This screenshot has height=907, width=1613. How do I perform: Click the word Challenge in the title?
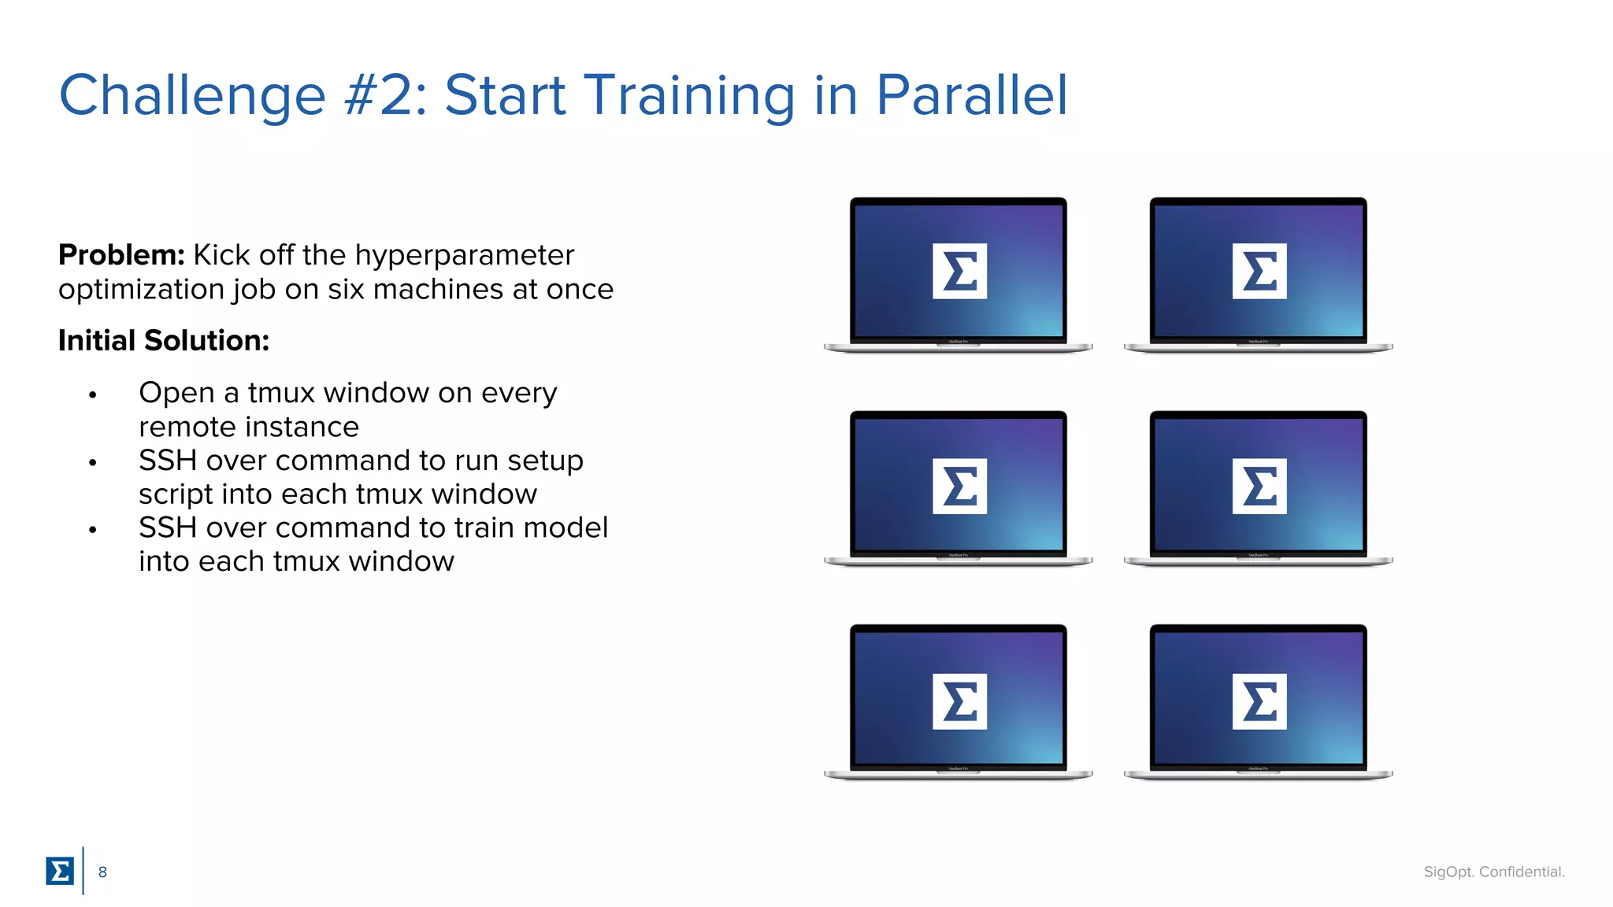(192, 96)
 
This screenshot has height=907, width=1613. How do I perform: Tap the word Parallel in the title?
(971, 96)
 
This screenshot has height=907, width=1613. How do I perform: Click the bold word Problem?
(121, 255)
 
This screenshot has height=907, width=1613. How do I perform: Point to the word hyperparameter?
(464, 256)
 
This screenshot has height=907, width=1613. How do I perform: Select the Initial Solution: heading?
(164, 341)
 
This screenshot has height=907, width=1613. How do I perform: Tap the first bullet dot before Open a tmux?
(93, 395)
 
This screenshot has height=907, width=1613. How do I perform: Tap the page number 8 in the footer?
(102, 872)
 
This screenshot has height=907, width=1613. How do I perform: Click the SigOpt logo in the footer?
(60, 871)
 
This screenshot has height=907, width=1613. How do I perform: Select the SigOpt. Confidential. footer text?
(1493, 872)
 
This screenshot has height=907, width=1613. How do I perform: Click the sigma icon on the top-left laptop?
(959, 272)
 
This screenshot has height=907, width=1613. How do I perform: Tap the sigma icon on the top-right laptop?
(1259, 272)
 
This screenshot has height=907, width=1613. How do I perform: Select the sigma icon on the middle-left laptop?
(959, 486)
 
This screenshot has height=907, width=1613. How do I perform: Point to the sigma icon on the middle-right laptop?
(1259, 486)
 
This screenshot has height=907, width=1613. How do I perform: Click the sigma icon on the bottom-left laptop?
(959, 701)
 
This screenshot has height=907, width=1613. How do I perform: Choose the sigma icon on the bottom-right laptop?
(1259, 701)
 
